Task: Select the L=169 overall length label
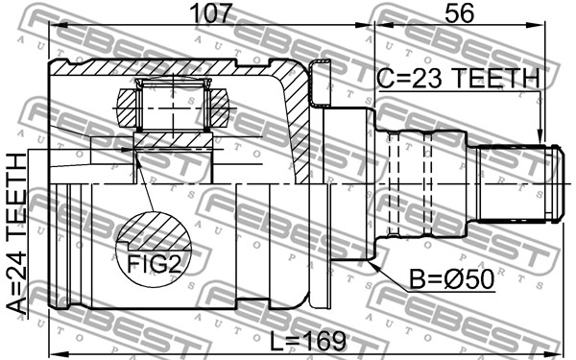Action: [308, 341]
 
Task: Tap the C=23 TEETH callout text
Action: [459, 78]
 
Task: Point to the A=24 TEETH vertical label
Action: [17, 233]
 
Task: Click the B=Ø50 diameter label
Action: [452, 279]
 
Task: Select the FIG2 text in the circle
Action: [155, 263]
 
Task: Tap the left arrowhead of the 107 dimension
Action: [58, 25]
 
